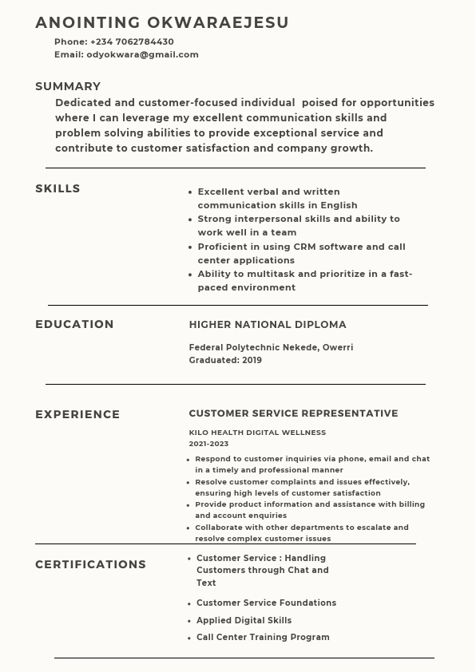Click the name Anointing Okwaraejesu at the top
(162, 22)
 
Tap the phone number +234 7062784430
(132, 42)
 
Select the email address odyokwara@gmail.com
(142, 54)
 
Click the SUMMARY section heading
(68, 86)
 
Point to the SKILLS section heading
(58, 188)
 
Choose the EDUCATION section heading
(74, 324)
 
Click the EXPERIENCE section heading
(77, 414)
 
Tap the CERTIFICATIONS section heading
(90, 564)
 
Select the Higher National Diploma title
(268, 325)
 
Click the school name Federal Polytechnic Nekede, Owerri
(271, 347)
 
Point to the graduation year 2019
(252, 360)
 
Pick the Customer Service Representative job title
(293, 413)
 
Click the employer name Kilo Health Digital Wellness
(257, 433)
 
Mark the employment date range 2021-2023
(208, 444)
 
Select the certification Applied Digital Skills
(244, 620)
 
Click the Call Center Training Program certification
(263, 637)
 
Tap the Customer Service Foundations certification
(266, 603)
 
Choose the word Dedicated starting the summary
(83, 102)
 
